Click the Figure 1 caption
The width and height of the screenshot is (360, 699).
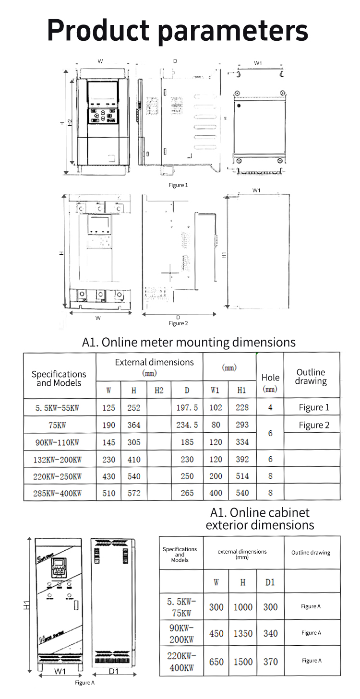point(178,185)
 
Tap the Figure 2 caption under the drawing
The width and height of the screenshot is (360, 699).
point(178,323)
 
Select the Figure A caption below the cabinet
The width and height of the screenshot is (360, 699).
point(85,682)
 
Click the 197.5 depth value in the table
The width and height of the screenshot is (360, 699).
point(187,408)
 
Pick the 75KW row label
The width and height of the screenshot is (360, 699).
point(57,425)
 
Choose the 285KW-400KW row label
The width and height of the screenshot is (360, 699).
point(58,493)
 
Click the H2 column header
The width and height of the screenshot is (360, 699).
point(159,390)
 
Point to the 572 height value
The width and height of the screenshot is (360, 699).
point(133,493)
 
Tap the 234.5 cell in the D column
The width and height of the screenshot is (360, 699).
point(187,425)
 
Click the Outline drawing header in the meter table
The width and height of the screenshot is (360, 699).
point(311,377)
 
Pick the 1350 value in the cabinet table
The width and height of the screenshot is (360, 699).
point(243,633)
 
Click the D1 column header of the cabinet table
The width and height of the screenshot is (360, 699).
point(270,582)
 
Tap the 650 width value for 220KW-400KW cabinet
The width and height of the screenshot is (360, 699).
point(216,662)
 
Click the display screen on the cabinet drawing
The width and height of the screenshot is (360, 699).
point(59,566)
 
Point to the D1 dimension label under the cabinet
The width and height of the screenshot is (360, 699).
point(113,671)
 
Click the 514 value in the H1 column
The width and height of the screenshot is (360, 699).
point(242,476)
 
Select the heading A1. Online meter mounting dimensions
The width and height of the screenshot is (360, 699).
point(189,342)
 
